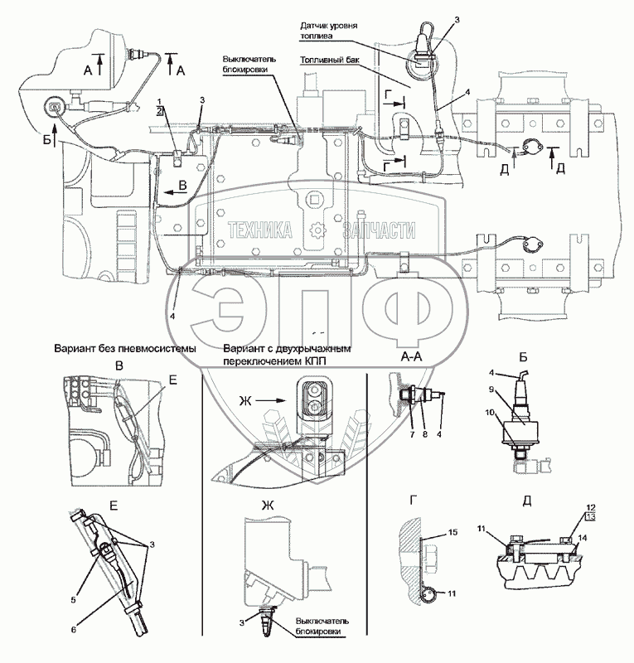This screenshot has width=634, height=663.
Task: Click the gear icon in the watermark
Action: (316, 231)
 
